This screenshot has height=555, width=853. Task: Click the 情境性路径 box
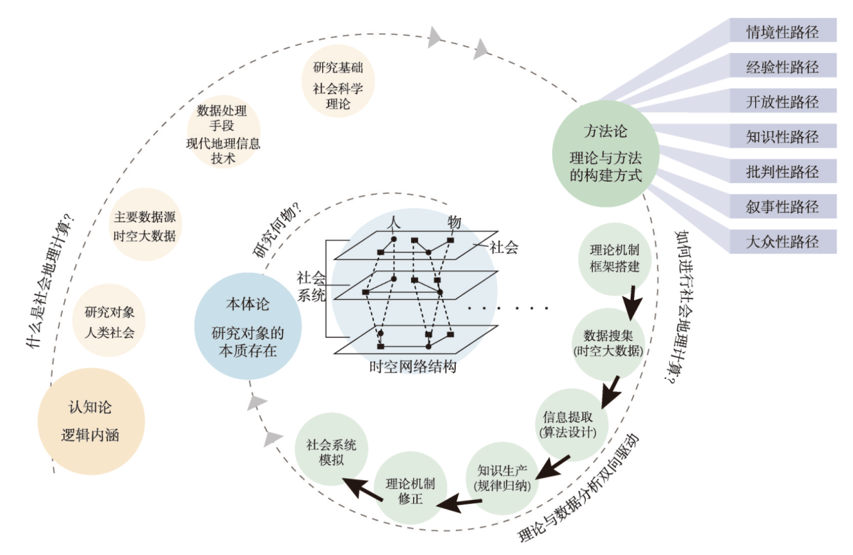point(783,30)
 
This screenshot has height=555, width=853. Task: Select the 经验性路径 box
point(783,65)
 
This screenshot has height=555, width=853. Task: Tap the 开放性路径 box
point(783,100)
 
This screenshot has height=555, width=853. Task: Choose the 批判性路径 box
point(783,171)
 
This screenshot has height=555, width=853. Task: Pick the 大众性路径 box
point(783,241)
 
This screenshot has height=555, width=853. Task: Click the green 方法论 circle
point(605,153)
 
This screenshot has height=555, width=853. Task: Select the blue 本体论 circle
point(248,326)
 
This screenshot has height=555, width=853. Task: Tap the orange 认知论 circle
point(91,421)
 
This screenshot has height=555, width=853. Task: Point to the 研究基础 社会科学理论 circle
point(338,80)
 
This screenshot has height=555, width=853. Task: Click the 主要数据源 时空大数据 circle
point(145,224)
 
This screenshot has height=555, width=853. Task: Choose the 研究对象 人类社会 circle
point(109,320)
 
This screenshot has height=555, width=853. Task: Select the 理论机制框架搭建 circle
point(614,259)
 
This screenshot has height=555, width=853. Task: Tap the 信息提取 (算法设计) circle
point(569,425)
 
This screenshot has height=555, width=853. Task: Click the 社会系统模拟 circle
point(331,449)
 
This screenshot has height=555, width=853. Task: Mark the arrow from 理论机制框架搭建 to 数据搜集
point(632,303)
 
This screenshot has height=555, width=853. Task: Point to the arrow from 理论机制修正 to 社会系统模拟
point(363,489)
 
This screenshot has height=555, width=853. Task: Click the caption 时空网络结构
point(413,367)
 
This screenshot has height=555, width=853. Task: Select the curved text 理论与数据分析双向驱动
point(579,488)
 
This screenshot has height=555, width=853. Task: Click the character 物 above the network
point(454,221)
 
